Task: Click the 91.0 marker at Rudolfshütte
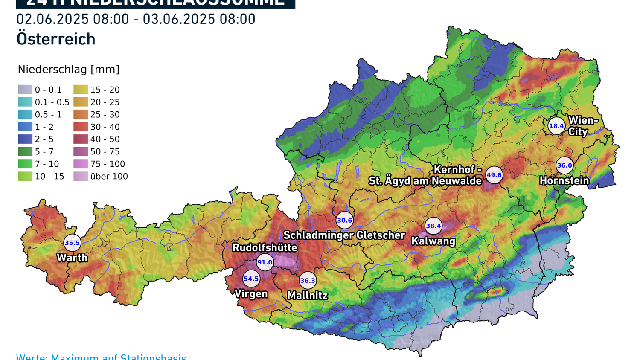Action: [x=265, y=262]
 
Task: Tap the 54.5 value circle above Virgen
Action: [x=251, y=279]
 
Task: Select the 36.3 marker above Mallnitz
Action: [x=308, y=281]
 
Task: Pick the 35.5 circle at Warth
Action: [x=72, y=243]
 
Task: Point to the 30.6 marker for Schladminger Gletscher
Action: [x=344, y=221]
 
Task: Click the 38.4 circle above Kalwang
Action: [x=433, y=226]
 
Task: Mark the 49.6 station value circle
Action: [x=494, y=175]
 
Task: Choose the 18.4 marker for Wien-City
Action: [x=556, y=126]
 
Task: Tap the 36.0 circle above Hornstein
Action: [x=564, y=165]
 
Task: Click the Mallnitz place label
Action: [x=308, y=295]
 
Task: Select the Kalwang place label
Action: [x=433, y=241]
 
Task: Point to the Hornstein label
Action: [x=564, y=180]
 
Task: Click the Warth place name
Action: [x=72, y=258]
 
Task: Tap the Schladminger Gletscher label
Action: [x=344, y=235]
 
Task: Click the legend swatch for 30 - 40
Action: [x=81, y=127]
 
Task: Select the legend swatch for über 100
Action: [x=81, y=176]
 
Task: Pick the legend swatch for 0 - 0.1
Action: [x=25, y=90]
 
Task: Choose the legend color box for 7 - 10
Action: [x=25, y=164]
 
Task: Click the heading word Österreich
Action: [x=56, y=39]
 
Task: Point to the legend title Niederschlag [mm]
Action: [x=69, y=69]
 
